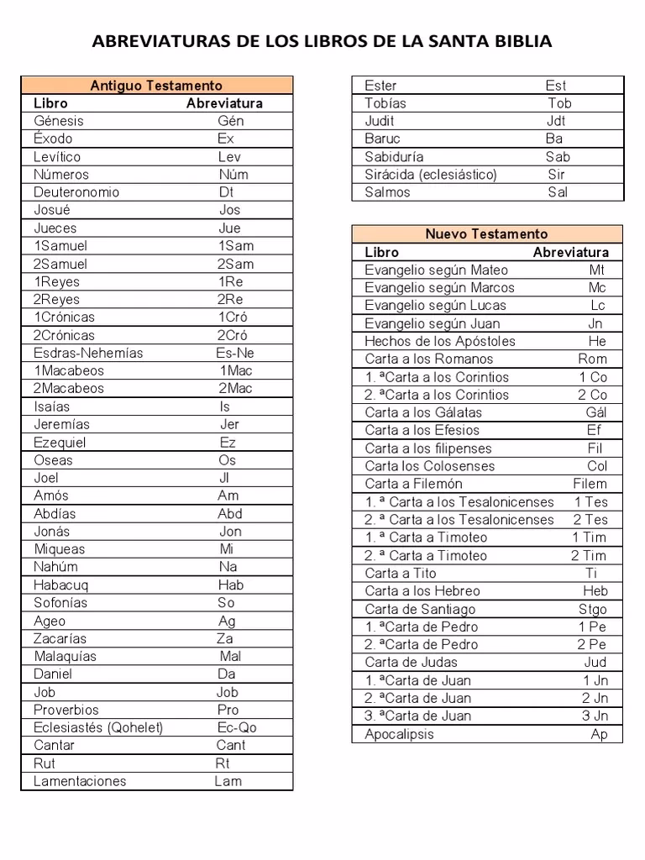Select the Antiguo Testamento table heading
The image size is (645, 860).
pyautogui.click(x=156, y=86)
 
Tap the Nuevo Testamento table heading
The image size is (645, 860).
pyautogui.click(x=486, y=234)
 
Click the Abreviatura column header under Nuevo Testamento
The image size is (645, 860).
pyautogui.click(x=571, y=252)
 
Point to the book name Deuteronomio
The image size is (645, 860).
pyautogui.click(x=76, y=192)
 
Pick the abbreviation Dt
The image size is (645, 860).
pyautogui.click(x=226, y=192)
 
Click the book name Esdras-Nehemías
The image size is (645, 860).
pyautogui.click(x=88, y=353)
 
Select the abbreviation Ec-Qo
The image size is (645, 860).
pyautogui.click(x=237, y=727)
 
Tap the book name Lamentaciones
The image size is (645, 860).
pyautogui.click(x=80, y=781)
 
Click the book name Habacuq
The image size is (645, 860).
pyautogui.click(x=60, y=585)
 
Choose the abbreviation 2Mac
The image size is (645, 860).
pyautogui.click(x=235, y=389)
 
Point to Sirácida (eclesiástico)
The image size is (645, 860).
pyautogui.click(x=431, y=175)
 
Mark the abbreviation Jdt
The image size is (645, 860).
pyautogui.click(x=556, y=121)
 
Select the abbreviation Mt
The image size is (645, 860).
pyautogui.click(x=596, y=270)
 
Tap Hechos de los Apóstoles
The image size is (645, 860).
pyautogui.click(x=440, y=341)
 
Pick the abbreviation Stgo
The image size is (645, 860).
pyautogui.click(x=592, y=609)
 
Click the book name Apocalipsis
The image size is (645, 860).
pyautogui.click(x=400, y=734)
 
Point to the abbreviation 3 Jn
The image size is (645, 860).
pyautogui.click(x=595, y=716)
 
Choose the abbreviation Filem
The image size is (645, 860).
pyautogui.click(x=590, y=484)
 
